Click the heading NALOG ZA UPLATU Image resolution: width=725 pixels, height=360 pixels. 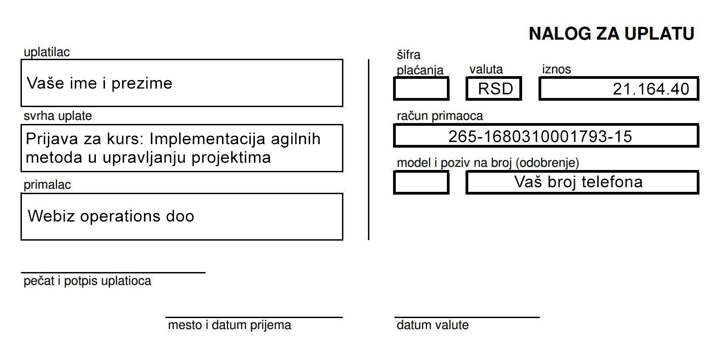[611, 34]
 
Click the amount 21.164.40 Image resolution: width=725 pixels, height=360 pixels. [651, 89]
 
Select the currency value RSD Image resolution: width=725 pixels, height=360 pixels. [495, 89]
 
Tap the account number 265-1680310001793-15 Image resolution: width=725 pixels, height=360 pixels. [540, 136]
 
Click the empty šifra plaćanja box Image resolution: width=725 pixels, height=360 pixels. [421, 89]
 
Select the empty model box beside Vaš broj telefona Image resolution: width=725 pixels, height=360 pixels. [421, 182]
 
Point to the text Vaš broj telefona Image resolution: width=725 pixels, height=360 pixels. [578, 182]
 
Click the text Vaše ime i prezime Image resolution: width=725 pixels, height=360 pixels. [99, 83]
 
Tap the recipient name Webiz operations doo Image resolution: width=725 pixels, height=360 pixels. [111, 216]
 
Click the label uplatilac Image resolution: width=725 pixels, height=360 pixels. [47, 52]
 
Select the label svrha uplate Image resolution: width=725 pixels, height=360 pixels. [57, 116]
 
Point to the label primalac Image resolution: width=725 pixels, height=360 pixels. [47, 185]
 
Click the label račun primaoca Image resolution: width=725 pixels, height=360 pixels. [440, 116]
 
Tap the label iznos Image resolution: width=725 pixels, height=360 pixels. [556, 69]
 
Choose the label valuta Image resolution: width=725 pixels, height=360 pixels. [486, 69]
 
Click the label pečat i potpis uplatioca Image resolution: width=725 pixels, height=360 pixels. [87, 281]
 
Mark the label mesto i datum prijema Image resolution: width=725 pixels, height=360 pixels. [229, 325]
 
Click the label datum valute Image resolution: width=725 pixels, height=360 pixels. [432, 325]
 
